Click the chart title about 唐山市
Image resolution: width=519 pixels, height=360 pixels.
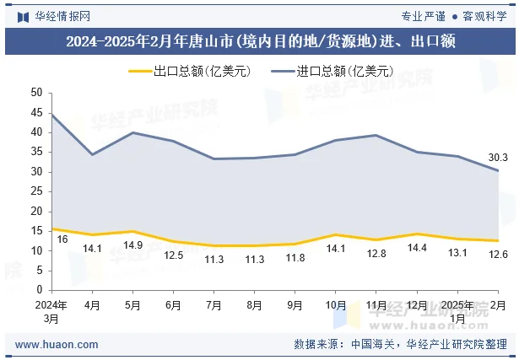tap(260, 42)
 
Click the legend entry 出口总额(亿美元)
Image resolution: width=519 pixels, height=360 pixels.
tap(191, 72)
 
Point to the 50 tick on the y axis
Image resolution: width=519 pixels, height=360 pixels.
tap(36, 92)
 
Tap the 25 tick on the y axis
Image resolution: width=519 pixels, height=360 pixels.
tap(36, 191)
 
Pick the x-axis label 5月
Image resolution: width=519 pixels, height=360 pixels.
tap(132, 304)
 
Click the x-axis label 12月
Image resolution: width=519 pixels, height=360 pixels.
tap(416, 304)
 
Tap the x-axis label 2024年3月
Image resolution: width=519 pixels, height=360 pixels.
tap(51, 311)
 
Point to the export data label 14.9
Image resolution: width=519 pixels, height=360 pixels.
tap(132, 245)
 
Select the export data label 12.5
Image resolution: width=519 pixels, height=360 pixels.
tap(174, 255)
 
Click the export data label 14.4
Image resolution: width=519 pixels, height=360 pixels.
tap(416, 248)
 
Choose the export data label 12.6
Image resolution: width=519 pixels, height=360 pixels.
tap(498, 255)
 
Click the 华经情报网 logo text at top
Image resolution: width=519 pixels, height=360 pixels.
tap(62, 15)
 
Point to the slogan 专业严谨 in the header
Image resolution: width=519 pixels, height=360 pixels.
tap(423, 15)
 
